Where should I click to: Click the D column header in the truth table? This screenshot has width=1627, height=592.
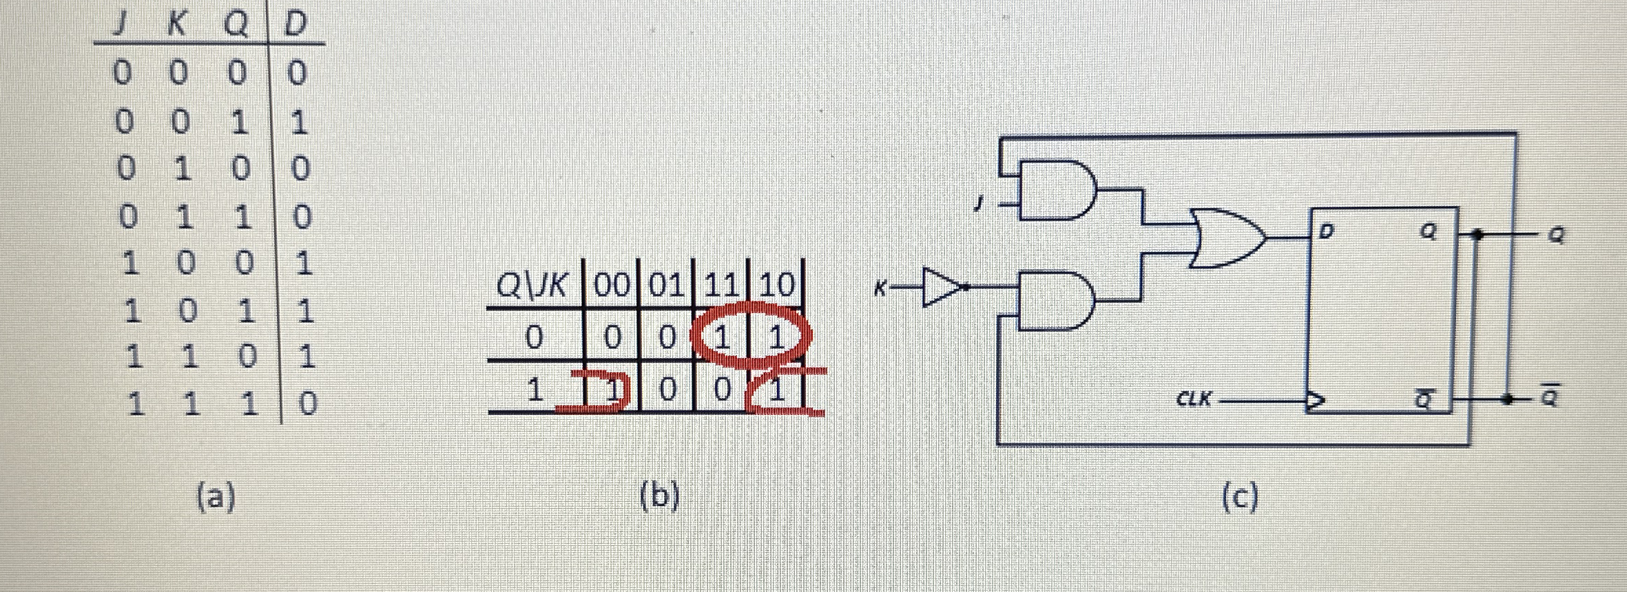(x=296, y=25)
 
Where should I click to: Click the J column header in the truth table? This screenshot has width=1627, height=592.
(x=120, y=25)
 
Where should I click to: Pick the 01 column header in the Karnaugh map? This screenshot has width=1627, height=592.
(x=666, y=284)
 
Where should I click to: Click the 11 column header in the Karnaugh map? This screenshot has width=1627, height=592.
(x=721, y=284)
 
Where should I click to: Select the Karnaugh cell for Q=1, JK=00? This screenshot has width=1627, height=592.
(x=612, y=390)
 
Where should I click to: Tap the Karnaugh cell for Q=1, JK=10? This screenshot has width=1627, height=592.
(x=777, y=390)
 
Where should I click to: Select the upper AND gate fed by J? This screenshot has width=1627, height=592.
(x=1056, y=190)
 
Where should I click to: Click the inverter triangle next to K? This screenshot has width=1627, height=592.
(x=941, y=286)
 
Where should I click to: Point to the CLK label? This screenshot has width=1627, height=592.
(x=1194, y=399)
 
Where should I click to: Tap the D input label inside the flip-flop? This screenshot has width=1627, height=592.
(x=1326, y=231)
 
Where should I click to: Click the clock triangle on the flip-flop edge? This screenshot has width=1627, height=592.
(x=1314, y=400)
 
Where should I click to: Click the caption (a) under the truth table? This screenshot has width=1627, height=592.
(x=216, y=496)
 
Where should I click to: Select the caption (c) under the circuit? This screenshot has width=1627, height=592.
(x=1239, y=497)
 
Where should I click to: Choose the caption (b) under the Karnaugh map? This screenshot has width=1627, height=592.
(x=659, y=496)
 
